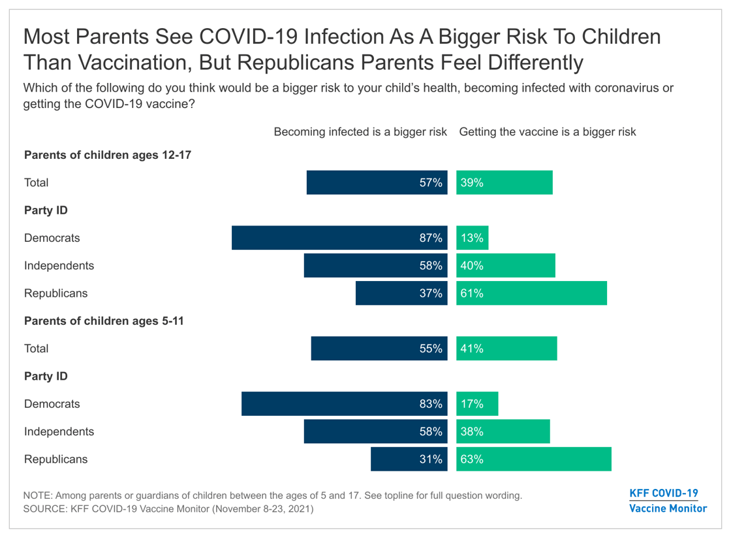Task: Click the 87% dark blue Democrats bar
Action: pos(338,238)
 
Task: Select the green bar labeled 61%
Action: pos(531,294)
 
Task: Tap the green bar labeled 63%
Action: pos(534,459)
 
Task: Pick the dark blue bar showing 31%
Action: pos(408,459)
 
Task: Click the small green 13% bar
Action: pos(472,238)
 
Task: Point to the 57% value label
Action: pos(431,183)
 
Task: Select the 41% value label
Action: pos(471,348)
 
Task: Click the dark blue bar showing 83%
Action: pos(343,404)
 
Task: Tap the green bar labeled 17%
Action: pos(477,404)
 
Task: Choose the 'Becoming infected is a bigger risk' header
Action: pos(360,132)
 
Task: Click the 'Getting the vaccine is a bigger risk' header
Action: pos(548,132)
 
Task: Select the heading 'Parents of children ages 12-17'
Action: pos(108,156)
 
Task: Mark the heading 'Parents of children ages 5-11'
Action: pos(102,321)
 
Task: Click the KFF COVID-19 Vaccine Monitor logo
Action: pos(668,501)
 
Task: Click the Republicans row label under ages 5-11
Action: pos(55,459)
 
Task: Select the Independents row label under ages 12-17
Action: pos(59,266)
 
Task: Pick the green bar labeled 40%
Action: pos(506,266)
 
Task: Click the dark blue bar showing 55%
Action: pos(378,348)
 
